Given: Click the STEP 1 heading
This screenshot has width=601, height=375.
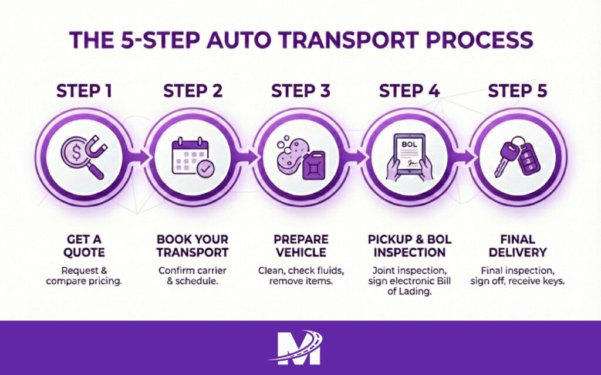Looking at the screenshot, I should click(84, 91).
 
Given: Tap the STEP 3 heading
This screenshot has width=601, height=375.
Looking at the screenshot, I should click(300, 91).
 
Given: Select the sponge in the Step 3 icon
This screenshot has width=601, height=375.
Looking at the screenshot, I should click(292, 154).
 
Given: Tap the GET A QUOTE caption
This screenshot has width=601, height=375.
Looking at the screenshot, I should click(84, 246).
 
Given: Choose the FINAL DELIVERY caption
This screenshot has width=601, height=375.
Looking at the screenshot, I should click(517, 246).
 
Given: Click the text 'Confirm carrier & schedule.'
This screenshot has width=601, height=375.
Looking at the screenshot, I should click(193, 276).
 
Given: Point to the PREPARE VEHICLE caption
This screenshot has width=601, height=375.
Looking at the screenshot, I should click(300, 246).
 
